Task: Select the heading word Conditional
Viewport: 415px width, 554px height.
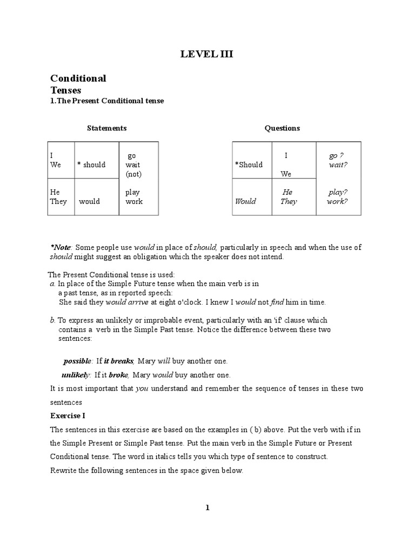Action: (x=78, y=78)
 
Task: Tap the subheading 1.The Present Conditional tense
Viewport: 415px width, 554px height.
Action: (x=107, y=101)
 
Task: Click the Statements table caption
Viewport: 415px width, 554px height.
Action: (x=107, y=128)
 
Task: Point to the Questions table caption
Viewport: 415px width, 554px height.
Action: (x=282, y=128)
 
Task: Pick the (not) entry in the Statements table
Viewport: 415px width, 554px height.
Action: (x=133, y=174)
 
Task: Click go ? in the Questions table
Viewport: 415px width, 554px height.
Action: (x=337, y=156)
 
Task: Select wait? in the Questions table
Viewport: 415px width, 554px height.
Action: (x=338, y=165)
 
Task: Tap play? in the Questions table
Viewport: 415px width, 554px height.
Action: (x=338, y=192)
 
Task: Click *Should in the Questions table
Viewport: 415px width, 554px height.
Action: (x=249, y=165)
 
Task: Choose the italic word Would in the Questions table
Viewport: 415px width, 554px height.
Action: (x=245, y=201)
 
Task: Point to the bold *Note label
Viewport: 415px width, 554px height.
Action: (x=61, y=247)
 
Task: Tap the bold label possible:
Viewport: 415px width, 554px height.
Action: (x=78, y=361)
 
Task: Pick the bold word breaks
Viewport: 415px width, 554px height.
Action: (x=122, y=361)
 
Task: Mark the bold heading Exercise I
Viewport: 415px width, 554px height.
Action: (x=68, y=416)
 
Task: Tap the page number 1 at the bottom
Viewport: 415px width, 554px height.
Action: (x=207, y=507)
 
